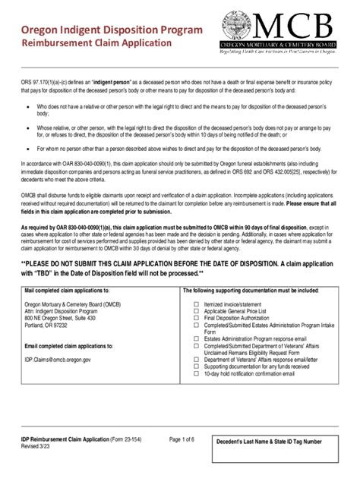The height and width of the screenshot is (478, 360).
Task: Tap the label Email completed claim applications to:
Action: [x=68, y=345]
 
